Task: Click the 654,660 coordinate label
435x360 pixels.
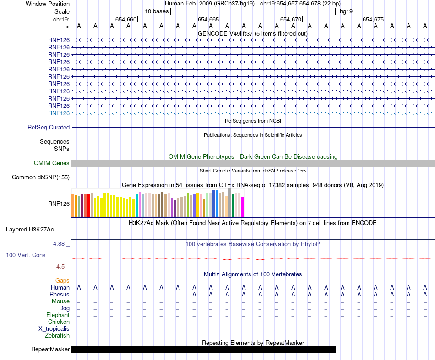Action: pos(126,19)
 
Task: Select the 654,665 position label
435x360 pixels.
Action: pos(208,19)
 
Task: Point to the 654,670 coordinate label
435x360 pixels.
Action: pos(291,19)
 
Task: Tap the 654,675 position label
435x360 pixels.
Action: pos(373,19)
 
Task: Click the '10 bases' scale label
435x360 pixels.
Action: pos(157,11)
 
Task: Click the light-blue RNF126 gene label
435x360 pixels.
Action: pos(59,113)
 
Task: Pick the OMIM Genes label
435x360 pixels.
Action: pos(52,163)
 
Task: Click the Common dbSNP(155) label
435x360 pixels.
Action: pos(41,177)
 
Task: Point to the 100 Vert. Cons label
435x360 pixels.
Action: pos(26,255)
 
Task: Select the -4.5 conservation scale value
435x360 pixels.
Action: pos(60,267)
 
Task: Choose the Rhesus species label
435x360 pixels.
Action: pos(60,294)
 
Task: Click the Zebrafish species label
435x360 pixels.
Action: pos(57,335)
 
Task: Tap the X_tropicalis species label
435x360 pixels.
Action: pos(54,328)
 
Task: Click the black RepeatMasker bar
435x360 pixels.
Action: pos(203,349)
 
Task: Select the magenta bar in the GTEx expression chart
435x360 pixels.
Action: pos(243,207)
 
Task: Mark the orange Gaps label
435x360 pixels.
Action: pos(62,280)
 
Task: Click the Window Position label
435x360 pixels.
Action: pos(48,4)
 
